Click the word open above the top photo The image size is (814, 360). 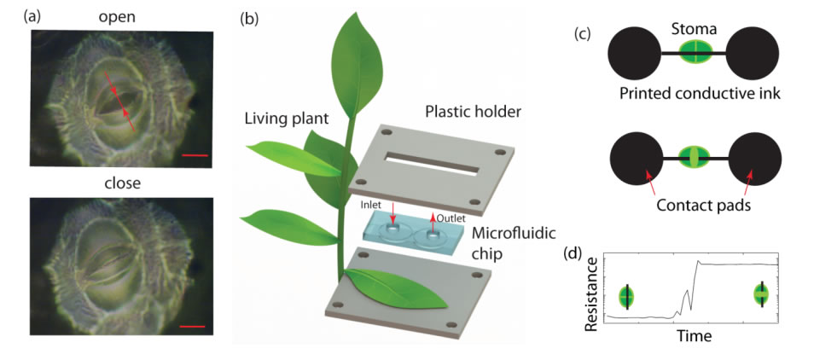point(117,16)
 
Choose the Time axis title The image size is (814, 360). point(695,337)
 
